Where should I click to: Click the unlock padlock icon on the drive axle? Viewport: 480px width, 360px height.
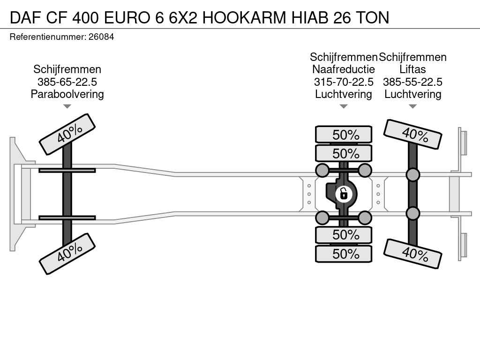(x=344, y=194)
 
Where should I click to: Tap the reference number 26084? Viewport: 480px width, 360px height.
(x=101, y=37)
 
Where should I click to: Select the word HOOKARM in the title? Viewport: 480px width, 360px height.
(x=244, y=17)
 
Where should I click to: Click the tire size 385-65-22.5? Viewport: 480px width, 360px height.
(x=67, y=82)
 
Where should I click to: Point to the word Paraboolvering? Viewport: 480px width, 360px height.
(x=67, y=94)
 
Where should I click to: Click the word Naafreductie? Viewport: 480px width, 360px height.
(x=344, y=69)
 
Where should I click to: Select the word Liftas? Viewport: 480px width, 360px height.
(x=412, y=69)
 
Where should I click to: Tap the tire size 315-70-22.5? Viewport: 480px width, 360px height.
(x=344, y=82)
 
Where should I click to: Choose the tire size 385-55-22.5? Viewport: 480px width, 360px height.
(x=412, y=82)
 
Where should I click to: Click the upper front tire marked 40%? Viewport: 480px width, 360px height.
(x=67, y=135)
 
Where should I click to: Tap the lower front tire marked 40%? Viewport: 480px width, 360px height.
(x=67, y=254)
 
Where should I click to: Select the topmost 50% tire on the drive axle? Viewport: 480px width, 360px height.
(x=344, y=135)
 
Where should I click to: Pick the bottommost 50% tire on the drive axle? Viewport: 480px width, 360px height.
(x=344, y=254)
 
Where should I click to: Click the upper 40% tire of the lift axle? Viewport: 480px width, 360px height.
(x=412, y=135)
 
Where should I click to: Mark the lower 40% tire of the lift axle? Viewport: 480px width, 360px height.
(x=412, y=254)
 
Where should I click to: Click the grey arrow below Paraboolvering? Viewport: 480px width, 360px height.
(x=67, y=106)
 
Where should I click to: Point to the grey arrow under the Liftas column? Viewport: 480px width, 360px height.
(x=412, y=106)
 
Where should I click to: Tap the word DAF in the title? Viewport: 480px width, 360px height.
(x=26, y=17)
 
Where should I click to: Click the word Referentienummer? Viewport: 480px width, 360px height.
(x=48, y=37)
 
